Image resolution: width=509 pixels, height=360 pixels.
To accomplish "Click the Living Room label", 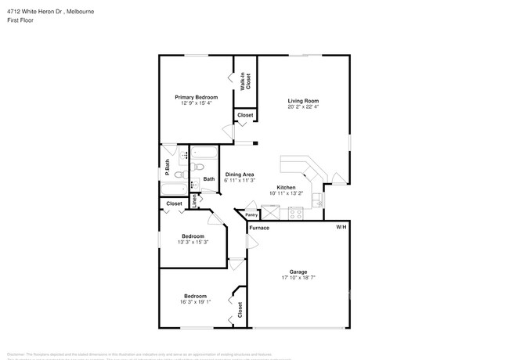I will pyautogui.click(x=303, y=101).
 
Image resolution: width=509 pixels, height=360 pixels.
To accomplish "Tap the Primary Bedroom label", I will pyautogui.click(x=196, y=96).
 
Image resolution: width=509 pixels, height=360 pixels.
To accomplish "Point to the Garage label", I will pyautogui.click(x=298, y=272).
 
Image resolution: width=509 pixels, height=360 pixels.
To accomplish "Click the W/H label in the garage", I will pyautogui.click(x=341, y=227).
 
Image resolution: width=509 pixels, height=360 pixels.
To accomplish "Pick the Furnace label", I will pyautogui.click(x=260, y=228).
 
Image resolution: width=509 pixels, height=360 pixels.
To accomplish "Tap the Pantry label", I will pyautogui.click(x=251, y=214).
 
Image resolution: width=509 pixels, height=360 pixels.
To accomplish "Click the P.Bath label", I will pyautogui.click(x=167, y=167).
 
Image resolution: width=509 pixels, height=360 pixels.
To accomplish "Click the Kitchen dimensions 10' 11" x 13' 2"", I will pyautogui.click(x=287, y=193).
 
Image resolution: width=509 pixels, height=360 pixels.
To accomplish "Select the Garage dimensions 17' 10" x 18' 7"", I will pyautogui.click(x=298, y=278).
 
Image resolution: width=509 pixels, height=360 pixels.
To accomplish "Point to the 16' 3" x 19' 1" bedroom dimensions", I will pyautogui.click(x=195, y=302).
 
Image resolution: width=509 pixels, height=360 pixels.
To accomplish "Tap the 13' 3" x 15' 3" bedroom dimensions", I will pyautogui.click(x=193, y=242).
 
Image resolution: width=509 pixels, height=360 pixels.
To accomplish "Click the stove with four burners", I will pyautogui.click(x=296, y=212).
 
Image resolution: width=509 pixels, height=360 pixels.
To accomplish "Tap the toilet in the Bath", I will pyautogui.click(x=199, y=167).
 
